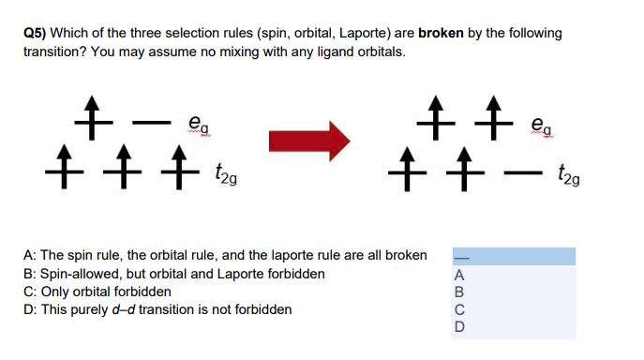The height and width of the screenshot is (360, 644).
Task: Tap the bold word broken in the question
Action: [444, 34]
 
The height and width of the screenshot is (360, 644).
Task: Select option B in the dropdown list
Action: [459, 292]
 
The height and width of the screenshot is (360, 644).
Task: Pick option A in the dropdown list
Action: [459, 275]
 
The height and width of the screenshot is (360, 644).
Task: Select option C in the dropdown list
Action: [459, 308]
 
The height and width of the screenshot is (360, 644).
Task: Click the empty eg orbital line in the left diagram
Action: [145, 121]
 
